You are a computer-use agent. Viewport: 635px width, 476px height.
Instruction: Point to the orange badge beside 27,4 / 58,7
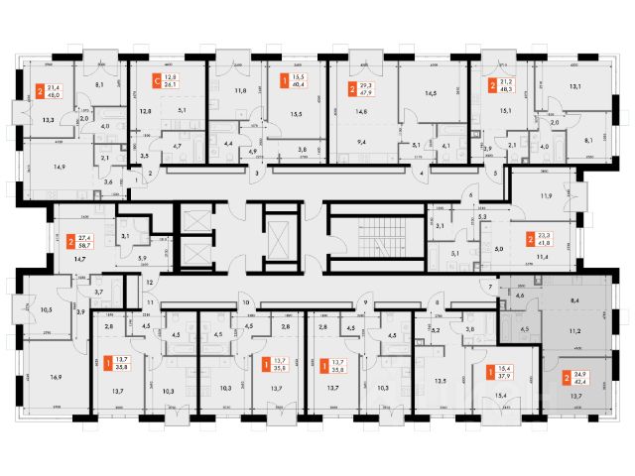pos(70,241)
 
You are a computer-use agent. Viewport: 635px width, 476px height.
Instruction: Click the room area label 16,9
pos(56,378)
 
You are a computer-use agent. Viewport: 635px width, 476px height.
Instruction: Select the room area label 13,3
pos(50,119)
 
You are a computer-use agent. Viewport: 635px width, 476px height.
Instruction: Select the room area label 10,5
pos(46,310)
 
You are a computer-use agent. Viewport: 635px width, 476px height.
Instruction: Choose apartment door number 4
pos(423,174)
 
